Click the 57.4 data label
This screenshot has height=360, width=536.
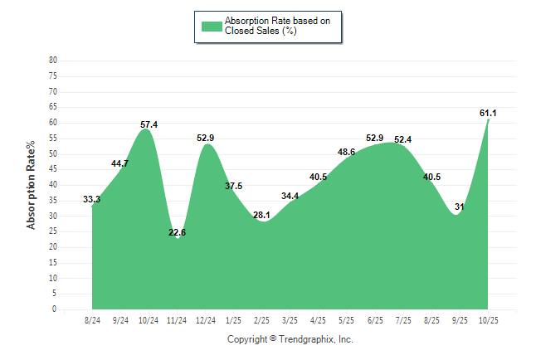point(149,124)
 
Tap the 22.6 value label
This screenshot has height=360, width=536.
point(177,232)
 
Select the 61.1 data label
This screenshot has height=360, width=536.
point(489,112)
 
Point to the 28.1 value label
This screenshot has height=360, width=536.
point(262,215)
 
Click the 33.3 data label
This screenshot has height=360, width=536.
point(92,199)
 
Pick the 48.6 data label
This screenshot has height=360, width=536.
point(347,152)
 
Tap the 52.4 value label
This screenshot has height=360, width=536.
point(403,139)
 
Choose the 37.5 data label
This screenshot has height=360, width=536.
point(234,186)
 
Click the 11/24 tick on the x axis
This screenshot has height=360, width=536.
point(177,320)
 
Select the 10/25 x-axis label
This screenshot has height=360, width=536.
point(488,320)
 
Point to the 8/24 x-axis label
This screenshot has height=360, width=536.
point(92,320)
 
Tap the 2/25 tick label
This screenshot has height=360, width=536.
point(262,320)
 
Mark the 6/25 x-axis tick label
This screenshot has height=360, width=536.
point(375,320)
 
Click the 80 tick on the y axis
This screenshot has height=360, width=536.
point(53,60)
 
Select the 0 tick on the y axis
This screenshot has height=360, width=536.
point(55,309)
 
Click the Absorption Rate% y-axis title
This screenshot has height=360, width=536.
point(32,185)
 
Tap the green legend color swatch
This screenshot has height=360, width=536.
point(212,26)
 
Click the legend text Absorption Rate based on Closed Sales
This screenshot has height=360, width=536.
point(278,26)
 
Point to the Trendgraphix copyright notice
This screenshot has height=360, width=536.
point(290,339)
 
